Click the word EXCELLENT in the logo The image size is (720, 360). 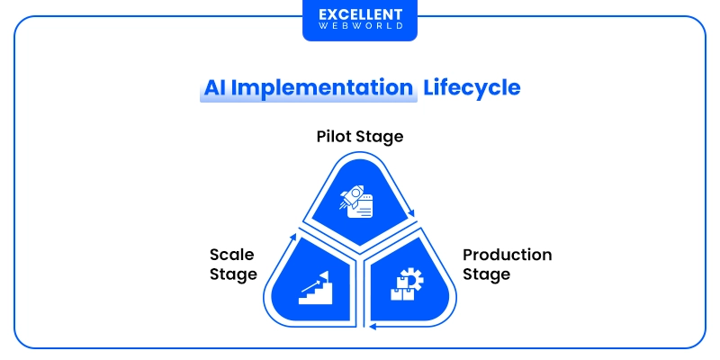pos(359,15)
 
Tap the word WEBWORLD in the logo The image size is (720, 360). pos(359,28)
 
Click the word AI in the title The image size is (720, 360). pos(212,88)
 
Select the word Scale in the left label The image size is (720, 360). pos(231,255)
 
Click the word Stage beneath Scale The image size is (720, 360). pos(233,274)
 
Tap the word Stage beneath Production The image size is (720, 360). pos(487,274)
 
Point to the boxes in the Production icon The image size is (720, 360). pos(400,291)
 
